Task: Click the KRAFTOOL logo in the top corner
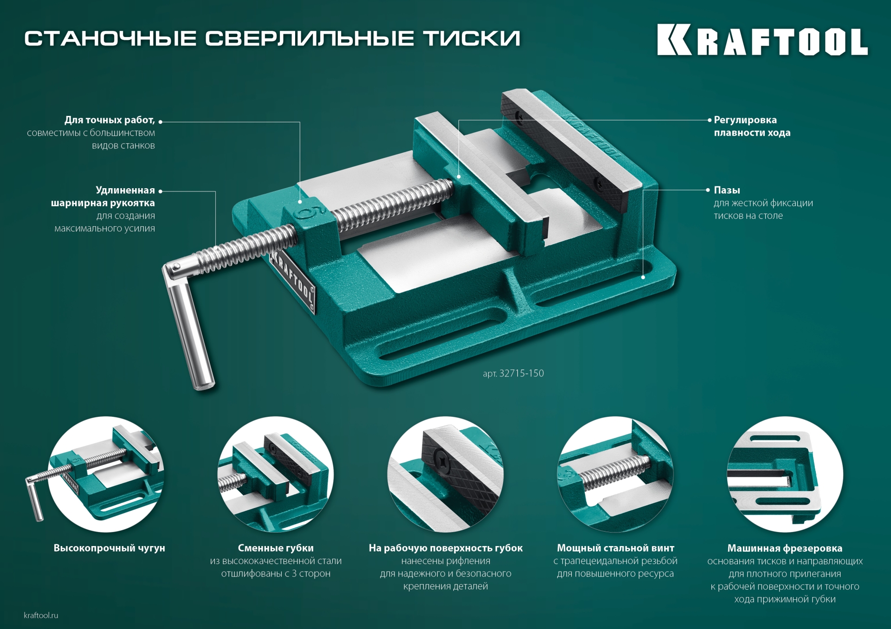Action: (x=762, y=40)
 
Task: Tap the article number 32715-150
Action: (x=521, y=374)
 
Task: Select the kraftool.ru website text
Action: (x=41, y=615)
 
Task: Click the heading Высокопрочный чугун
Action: (x=109, y=548)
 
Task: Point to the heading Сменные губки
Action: (x=276, y=548)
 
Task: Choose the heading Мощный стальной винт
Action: (x=615, y=548)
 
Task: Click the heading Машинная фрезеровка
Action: (x=784, y=548)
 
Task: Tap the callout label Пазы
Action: (x=727, y=190)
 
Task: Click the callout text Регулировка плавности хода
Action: (x=752, y=126)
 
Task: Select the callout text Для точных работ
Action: (x=110, y=120)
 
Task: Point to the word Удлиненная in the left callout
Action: (x=125, y=190)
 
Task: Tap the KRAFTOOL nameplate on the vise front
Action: (x=293, y=280)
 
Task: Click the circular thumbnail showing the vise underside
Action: (x=784, y=474)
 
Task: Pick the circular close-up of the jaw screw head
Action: (x=445, y=474)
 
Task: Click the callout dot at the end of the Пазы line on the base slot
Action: (x=643, y=277)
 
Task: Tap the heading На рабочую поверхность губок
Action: (x=445, y=548)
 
